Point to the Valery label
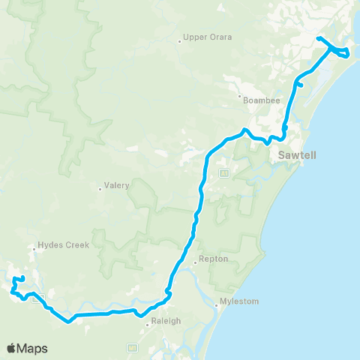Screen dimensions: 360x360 [118, 185]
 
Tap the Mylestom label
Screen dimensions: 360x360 [240, 301]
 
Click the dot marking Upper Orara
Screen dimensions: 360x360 [180, 40]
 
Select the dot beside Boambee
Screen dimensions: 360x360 [239, 97]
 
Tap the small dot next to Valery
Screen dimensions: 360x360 [100, 189]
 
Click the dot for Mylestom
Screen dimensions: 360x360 [217, 305]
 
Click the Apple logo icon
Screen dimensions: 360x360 [11, 348]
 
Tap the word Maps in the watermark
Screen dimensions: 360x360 [33, 348]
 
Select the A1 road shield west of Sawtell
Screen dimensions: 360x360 [223, 173]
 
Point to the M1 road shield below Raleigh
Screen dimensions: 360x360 [133, 347]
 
